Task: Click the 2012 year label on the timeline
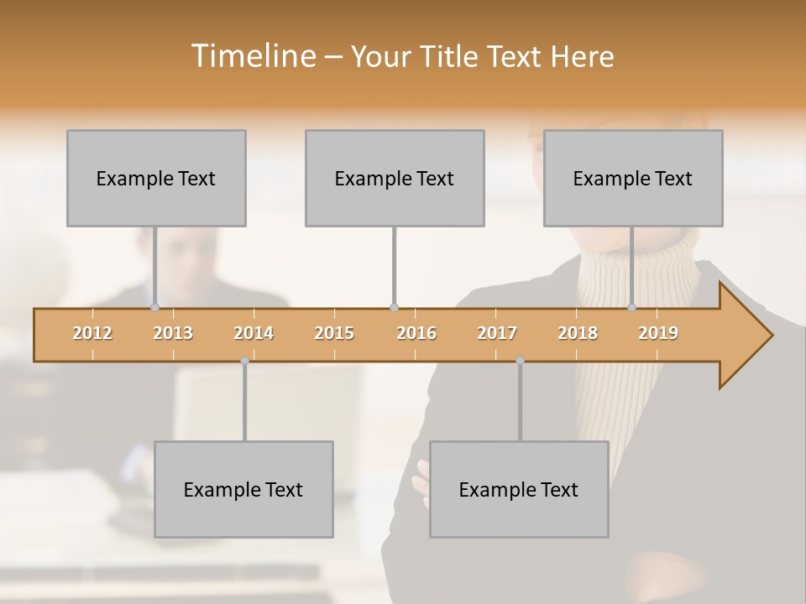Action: click(92, 333)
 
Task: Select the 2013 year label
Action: click(173, 333)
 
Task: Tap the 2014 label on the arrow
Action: click(254, 333)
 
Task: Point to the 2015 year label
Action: click(334, 333)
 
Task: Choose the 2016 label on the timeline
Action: click(416, 333)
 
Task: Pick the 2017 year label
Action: click(497, 333)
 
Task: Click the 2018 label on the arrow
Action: click(578, 333)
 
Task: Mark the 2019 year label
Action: click(658, 333)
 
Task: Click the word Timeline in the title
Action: click(253, 56)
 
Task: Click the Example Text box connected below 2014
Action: click(243, 489)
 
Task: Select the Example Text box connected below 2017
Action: click(519, 489)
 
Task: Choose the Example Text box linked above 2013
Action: click(156, 178)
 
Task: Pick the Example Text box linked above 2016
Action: click(395, 178)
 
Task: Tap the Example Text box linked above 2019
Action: click(633, 178)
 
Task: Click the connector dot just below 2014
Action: click(244, 361)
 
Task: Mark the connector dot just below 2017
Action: click(520, 361)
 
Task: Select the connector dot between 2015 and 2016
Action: click(395, 307)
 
